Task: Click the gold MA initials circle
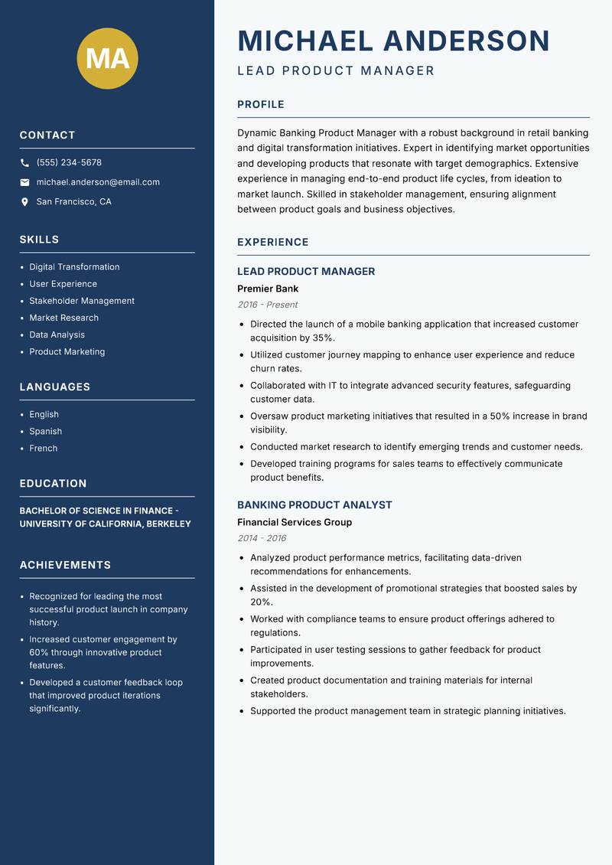point(108,58)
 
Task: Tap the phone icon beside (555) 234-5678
point(24,163)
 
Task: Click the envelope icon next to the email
point(24,182)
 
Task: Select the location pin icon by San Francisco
point(24,202)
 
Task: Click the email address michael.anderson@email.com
point(98,182)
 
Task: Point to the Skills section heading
point(39,240)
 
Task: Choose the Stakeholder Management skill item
point(82,301)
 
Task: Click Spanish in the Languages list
point(45,431)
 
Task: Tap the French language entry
point(43,448)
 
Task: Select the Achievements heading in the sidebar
point(65,565)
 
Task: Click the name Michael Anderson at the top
point(394,41)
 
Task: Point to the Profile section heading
point(261,105)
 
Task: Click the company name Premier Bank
point(268,289)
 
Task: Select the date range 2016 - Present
point(268,305)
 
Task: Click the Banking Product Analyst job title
point(314,505)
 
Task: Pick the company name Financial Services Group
point(295,522)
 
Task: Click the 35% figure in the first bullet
point(322,338)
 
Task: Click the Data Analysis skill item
point(57,335)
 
